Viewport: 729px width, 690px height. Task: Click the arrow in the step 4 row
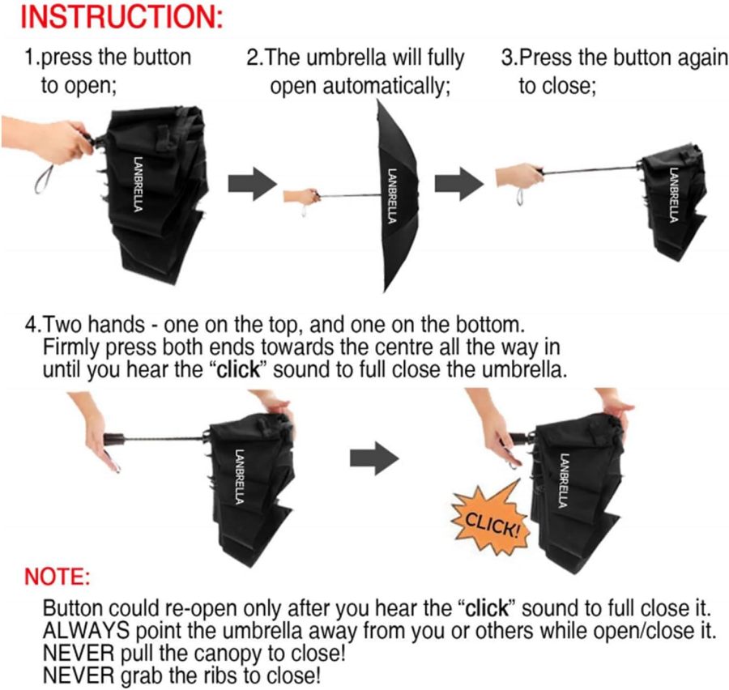click(x=374, y=459)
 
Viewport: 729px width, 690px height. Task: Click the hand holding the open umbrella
click(x=301, y=197)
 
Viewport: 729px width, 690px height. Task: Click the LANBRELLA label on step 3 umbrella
click(x=674, y=194)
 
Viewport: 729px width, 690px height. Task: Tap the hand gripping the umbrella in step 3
click(x=518, y=174)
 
